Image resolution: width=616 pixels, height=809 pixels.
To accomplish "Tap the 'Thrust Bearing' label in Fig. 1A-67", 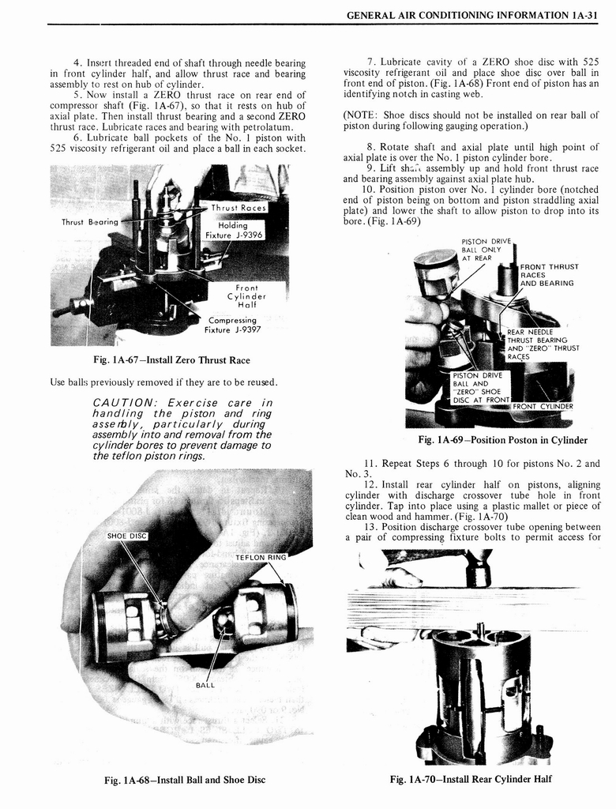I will coord(89,222).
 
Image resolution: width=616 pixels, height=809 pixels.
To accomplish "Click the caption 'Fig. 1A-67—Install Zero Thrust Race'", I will coord(171,360).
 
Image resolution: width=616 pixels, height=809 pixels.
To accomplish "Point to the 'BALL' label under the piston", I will coord(207,685).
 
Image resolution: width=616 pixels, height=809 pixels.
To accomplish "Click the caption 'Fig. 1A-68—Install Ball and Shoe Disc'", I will coord(185,780).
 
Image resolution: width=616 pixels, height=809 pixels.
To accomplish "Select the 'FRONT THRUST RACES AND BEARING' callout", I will coord(549,275).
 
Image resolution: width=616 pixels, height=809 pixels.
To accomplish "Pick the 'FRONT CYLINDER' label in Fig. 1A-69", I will coord(543,406).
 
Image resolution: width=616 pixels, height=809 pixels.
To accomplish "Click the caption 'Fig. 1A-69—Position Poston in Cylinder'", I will coord(503,440).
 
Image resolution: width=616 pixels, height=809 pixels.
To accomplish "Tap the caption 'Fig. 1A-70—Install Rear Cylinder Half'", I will coord(471,779).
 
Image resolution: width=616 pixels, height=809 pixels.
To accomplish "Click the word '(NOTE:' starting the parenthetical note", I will coord(359,115).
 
